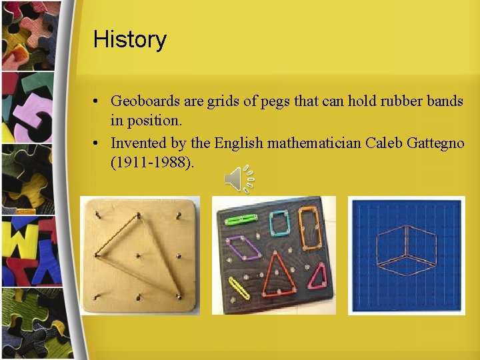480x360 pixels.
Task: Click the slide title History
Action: click(129, 39)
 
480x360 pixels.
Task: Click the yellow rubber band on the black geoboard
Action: click(239, 287)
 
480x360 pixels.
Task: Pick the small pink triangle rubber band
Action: click(319, 276)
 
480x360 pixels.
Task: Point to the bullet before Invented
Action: click(97, 143)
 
